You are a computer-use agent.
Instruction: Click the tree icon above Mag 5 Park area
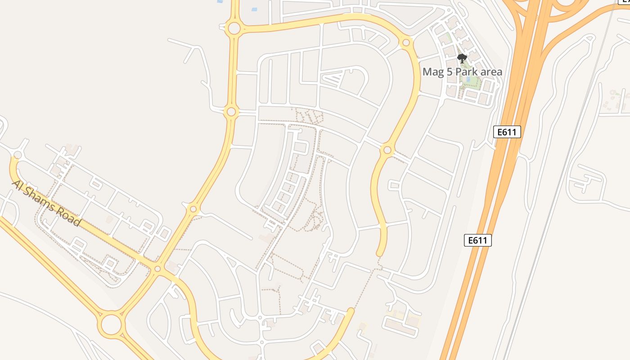[462, 58]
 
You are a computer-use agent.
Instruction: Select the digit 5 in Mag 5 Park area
[450, 72]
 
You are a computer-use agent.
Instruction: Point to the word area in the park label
[491, 72]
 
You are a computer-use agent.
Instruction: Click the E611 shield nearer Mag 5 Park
[507, 132]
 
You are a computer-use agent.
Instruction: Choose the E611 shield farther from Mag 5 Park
[478, 240]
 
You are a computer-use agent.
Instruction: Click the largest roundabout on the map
[111, 324]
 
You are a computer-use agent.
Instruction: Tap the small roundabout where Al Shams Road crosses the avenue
[157, 269]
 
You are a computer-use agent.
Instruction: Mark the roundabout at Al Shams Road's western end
[18, 155]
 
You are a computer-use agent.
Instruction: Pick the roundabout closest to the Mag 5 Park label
[406, 43]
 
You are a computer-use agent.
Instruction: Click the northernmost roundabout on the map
[234, 29]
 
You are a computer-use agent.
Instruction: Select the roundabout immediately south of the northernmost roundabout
[231, 111]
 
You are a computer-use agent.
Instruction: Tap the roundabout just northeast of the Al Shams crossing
[193, 209]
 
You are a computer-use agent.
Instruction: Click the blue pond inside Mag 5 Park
[468, 80]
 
